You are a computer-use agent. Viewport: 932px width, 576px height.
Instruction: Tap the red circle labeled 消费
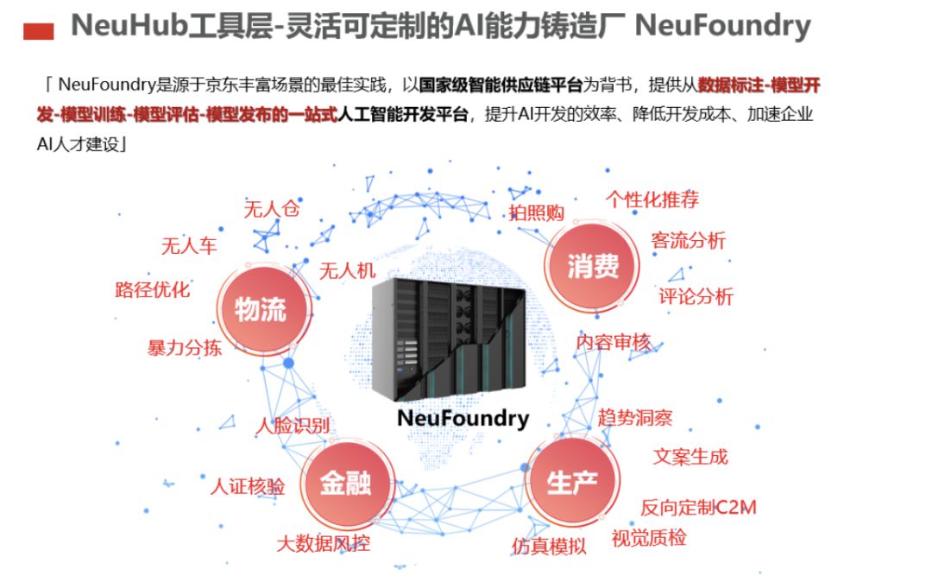593,267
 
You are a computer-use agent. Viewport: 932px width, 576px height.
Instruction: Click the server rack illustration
449,337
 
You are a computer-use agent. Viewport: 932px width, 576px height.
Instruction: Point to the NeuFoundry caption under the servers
463,419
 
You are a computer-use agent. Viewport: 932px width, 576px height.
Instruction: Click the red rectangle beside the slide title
37,32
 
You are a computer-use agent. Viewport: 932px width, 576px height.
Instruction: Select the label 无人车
189,246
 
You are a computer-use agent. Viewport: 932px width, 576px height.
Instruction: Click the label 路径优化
153,289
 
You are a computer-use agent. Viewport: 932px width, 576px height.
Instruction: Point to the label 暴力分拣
184,348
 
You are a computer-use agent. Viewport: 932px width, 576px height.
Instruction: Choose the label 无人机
348,271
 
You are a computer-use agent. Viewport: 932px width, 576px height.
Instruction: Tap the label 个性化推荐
652,199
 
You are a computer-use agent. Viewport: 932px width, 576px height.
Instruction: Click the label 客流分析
688,241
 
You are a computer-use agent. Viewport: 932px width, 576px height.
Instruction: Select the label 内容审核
614,342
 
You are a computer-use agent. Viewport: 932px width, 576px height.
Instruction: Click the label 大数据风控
324,544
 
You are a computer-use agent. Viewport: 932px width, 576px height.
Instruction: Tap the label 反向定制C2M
698,507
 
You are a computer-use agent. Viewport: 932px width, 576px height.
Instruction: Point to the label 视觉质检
649,538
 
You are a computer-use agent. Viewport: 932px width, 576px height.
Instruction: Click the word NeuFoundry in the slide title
722,26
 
